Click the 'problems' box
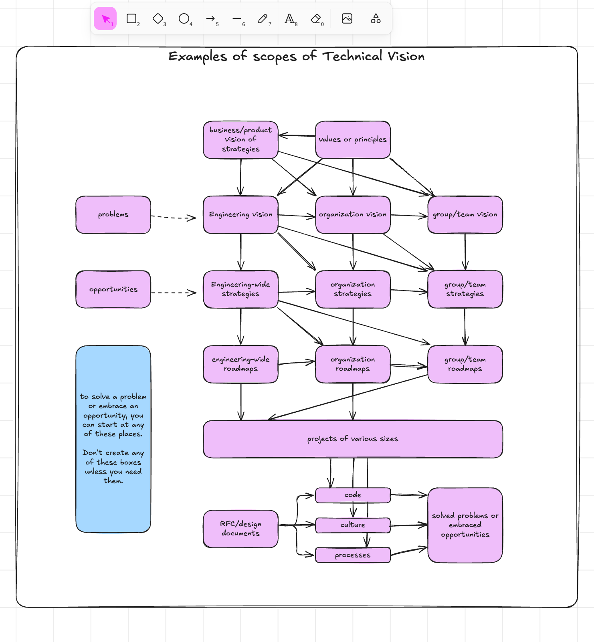pyautogui.click(x=113, y=215)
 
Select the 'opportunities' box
pyautogui.click(x=113, y=289)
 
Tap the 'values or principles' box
pyautogui.click(x=353, y=139)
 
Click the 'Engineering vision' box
pyautogui.click(x=240, y=215)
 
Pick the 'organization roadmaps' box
pyautogui.click(x=353, y=364)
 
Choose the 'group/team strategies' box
pyautogui.click(x=465, y=289)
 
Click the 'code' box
pyautogui.click(x=353, y=495)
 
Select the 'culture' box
pyautogui.click(x=353, y=525)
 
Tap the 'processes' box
pyautogui.click(x=353, y=555)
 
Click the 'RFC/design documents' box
pyautogui.click(x=240, y=529)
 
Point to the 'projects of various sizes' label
pyautogui.click(x=353, y=439)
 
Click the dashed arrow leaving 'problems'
pyautogui.click(x=173, y=217)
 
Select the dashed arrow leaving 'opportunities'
pyautogui.click(x=173, y=293)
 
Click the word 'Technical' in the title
pyautogui.click(x=352, y=57)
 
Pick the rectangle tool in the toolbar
pyautogui.click(x=131, y=18)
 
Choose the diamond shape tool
pyautogui.click(x=158, y=18)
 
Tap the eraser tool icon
pyautogui.click(x=316, y=18)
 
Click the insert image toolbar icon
pyautogui.click(x=347, y=18)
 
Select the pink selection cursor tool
pyautogui.click(x=105, y=18)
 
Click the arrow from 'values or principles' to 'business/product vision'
pyautogui.click(x=297, y=135)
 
